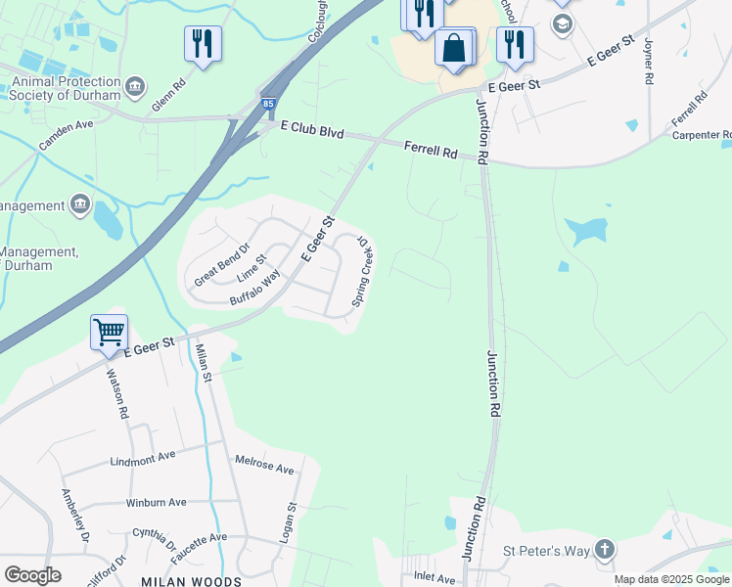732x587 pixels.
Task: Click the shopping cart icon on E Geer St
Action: tap(110, 332)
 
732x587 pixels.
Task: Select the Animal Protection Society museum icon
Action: tap(136, 87)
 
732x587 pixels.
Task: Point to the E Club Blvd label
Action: tap(311, 130)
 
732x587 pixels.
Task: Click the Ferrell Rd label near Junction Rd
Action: tap(431, 152)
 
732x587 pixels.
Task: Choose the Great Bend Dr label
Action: tap(222, 264)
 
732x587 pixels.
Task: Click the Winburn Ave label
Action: tap(156, 502)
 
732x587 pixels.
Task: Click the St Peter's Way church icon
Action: tap(605, 550)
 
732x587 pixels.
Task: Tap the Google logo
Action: tap(32, 575)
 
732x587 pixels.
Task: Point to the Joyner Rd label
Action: tap(648, 63)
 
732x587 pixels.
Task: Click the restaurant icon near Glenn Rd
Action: tap(203, 44)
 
